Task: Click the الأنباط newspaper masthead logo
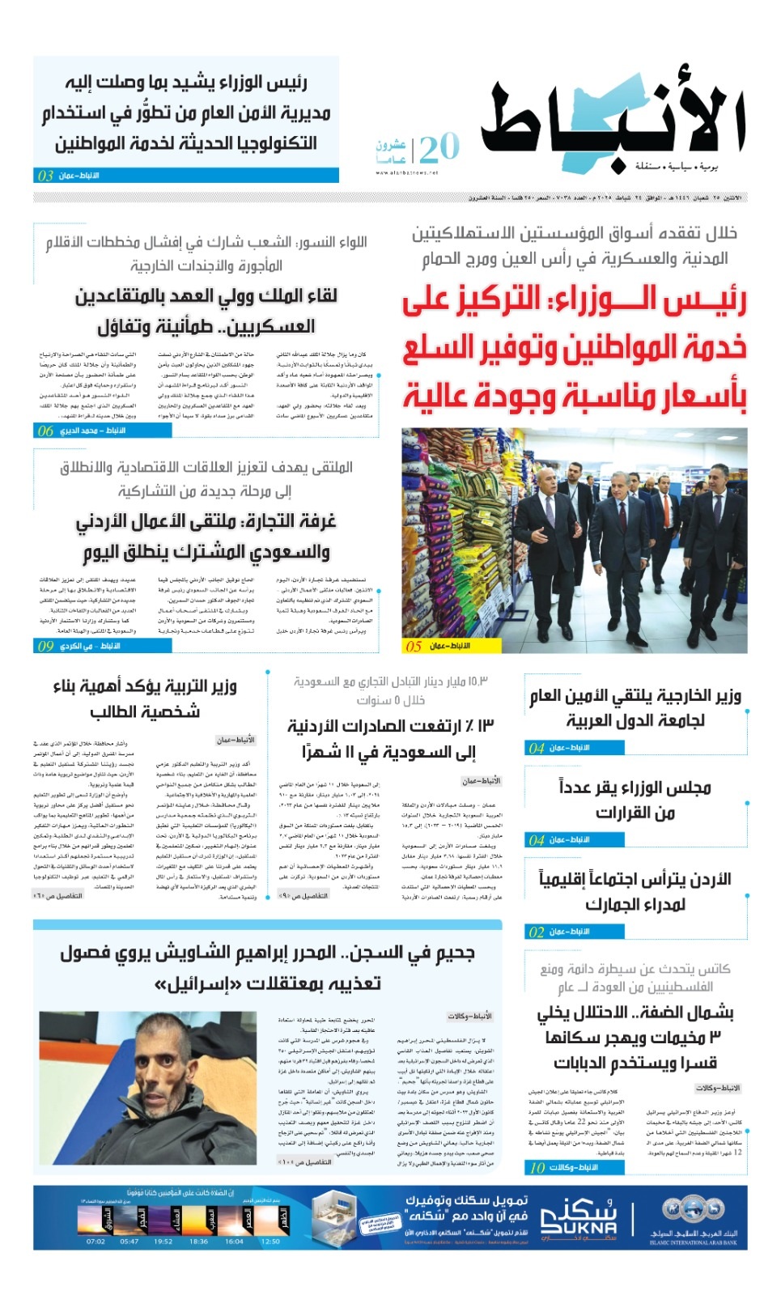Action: [613, 121]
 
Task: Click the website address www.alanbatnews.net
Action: [406, 172]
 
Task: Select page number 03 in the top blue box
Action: [45, 176]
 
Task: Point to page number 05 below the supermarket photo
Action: [414, 646]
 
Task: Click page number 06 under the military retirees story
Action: [45, 431]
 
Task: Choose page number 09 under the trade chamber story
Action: [45, 646]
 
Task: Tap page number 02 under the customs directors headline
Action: [537, 932]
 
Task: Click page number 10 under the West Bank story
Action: [537, 1167]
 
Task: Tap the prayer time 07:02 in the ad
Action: [96, 1241]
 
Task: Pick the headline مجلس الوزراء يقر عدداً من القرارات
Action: [635, 800]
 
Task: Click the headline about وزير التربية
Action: [145, 698]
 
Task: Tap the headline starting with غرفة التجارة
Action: [206, 536]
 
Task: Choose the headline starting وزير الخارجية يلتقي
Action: [635, 707]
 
